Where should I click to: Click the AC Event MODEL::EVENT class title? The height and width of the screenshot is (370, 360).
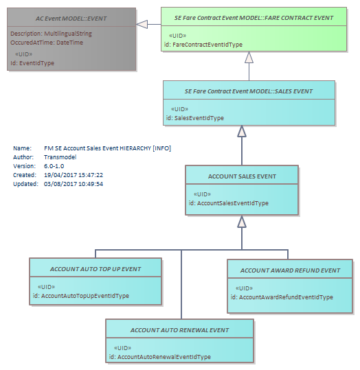pyautogui.click(x=71, y=19)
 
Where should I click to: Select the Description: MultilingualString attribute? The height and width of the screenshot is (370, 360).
pyautogui.click(x=51, y=34)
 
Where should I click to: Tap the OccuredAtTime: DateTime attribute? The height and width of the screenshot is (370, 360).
pyautogui.click(x=47, y=43)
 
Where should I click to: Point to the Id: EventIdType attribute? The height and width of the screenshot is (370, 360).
pyautogui.click(x=32, y=63)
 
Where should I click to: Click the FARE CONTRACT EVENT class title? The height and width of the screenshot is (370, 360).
pyautogui.click(x=254, y=18)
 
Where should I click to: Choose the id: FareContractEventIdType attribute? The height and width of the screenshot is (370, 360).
pyautogui.click(x=203, y=45)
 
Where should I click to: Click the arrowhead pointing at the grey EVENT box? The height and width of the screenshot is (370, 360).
pyautogui.click(x=142, y=24)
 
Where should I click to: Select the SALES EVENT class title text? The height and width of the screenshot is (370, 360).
pyautogui.click(x=249, y=91)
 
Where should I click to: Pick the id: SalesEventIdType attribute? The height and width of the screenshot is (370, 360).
pyautogui.click(x=195, y=118)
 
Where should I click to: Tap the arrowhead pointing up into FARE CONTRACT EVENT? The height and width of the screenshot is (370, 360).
pyautogui.click(x=249, y=58)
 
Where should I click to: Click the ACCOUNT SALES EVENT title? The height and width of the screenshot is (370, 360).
pyautogui.click(x=242, y=176)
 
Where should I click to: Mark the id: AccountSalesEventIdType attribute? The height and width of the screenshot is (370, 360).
pyautogui.click(x=229, y=203)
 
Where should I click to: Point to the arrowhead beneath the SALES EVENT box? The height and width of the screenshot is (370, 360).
pyautogui.click(x=242, y=131)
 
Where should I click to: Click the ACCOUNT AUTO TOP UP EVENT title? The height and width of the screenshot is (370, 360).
pyautogui.click(x=95, y=269)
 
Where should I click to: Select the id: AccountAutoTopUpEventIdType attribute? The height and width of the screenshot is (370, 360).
pyautogui.click(x=81, y=296)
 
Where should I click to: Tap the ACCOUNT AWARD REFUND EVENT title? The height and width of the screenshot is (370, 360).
pyautogui.click(x=290, y=270)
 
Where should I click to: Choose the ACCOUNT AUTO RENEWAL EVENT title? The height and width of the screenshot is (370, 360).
pyautogui.click(x=179, y=330)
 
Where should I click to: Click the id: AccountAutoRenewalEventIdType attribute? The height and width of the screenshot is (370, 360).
pyautogui.click(x=160, y=357)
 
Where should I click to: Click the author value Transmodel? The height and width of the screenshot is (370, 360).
pyautogui.click(x=60, y=157)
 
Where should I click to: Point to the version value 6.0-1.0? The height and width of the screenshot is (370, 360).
pyautogui.click(x=54, y=166)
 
